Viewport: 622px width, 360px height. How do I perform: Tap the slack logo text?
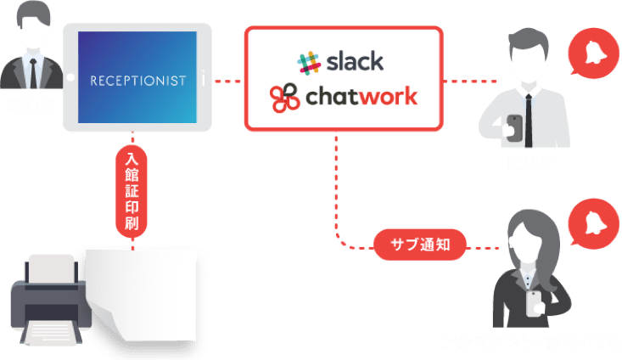(351, 61)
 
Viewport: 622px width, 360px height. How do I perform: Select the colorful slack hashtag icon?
(309, 62)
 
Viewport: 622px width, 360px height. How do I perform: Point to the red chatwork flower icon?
(285, 98)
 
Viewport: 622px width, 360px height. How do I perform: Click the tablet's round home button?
(70, 79)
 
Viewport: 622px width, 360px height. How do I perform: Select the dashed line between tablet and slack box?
(227, 82)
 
